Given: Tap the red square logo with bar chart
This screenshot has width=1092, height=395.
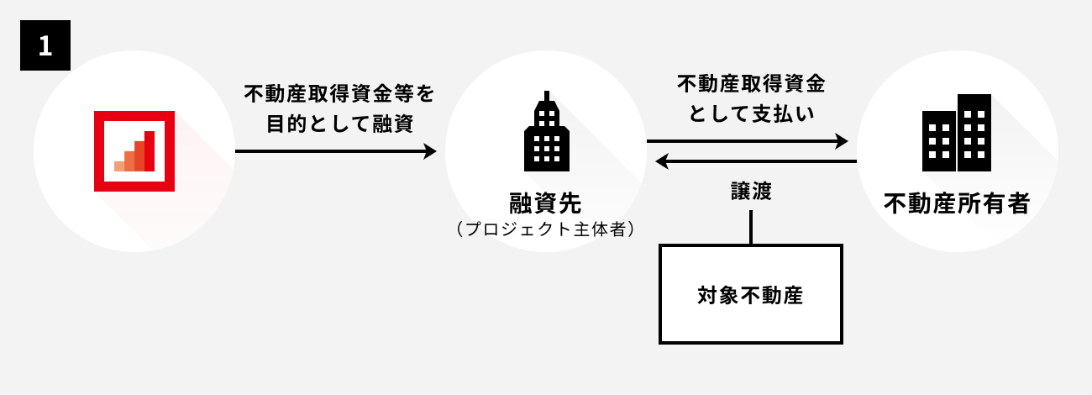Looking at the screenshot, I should click(134, 151).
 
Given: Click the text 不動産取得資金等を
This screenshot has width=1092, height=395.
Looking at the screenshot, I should click(339, 92).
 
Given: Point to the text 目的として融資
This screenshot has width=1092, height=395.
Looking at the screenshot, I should click(339, 124).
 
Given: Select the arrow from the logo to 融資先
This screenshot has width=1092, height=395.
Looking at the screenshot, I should click(336, 151).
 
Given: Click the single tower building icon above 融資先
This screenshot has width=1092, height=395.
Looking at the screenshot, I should click(546, 134).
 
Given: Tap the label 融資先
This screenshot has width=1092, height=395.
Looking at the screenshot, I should click(545, 203).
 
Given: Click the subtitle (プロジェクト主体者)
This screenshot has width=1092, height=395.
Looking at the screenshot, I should click(545, 229).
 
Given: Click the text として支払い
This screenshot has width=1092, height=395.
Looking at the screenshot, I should click(751, 113).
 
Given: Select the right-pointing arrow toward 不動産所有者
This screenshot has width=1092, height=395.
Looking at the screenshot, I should click(748, 141).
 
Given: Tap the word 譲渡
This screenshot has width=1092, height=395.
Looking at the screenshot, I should click(750, 192).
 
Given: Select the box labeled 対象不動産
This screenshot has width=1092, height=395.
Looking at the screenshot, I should click(750, 294).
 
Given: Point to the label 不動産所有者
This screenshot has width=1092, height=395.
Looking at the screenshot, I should click(957, 203).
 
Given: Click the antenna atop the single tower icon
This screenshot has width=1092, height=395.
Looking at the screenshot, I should click(546, 97).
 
